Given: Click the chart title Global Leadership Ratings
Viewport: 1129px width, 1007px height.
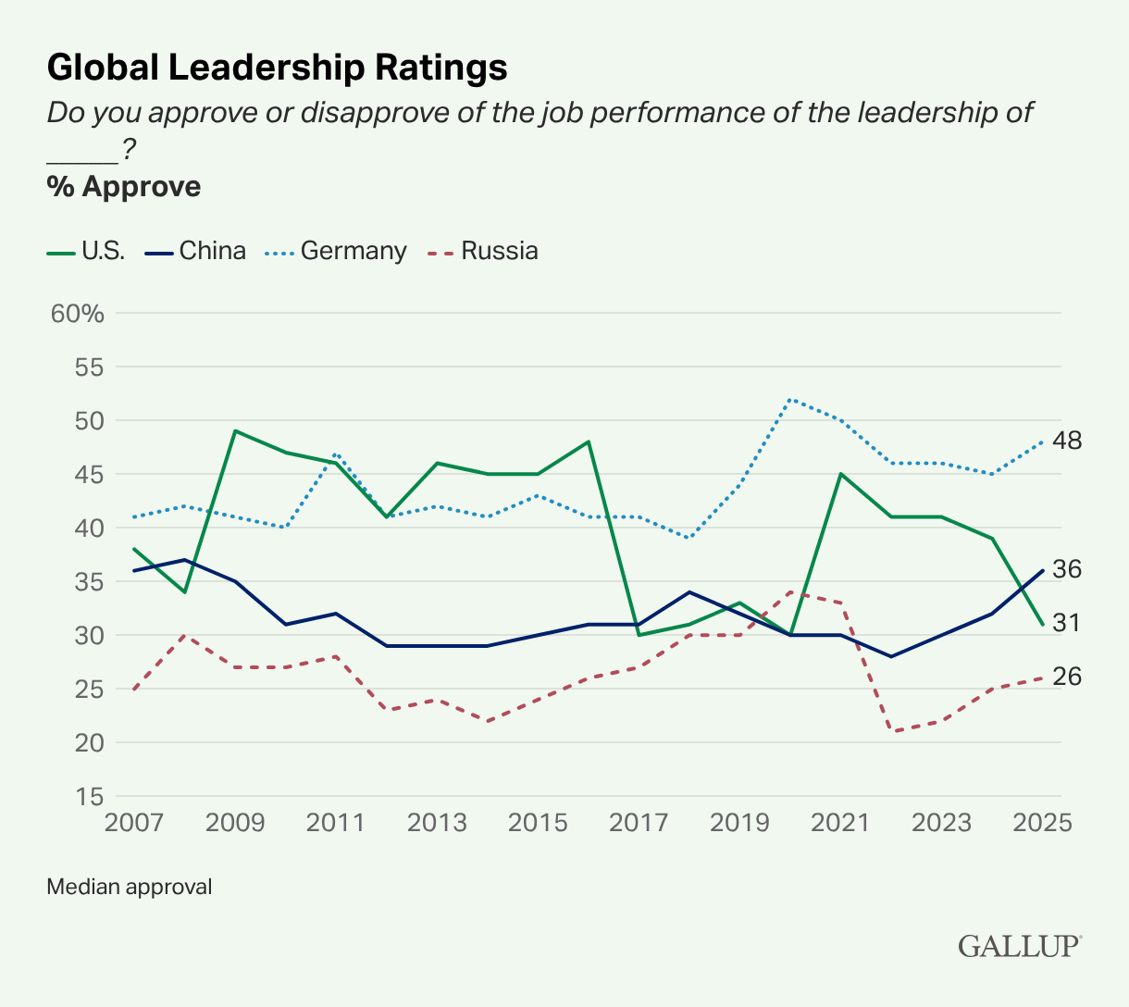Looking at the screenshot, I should (x=277, y=68).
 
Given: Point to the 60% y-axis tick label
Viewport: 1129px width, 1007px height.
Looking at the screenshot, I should (x=78, y=313).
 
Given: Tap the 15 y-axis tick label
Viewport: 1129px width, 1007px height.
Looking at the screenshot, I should (x=87, y=796).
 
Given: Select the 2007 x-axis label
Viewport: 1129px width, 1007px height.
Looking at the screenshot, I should (x=135, y=823).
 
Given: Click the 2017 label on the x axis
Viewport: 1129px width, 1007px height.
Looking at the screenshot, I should (x=639, y=823).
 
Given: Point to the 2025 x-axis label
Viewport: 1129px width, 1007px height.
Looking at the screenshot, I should (x=1042, y=823).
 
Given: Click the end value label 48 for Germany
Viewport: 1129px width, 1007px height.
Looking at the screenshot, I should (x=1067, y=441).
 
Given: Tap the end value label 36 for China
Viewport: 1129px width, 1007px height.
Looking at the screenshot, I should (x=1067, y=569).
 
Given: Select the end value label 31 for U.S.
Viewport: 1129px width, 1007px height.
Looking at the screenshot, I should (x=1067, y=624).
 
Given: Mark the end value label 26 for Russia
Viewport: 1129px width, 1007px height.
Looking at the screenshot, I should (x=1067, y=677).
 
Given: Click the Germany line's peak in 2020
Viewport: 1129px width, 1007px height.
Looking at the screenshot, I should (x=790, y=399).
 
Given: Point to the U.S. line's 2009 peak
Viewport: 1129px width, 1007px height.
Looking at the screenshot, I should (x=235, y=431).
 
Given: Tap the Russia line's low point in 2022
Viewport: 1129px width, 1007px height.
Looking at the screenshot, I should (x=891, y=731).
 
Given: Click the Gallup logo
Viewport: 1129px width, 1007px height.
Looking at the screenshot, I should (x=1019, y=946).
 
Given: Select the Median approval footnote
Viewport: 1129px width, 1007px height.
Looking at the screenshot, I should (x=130, y=887).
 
